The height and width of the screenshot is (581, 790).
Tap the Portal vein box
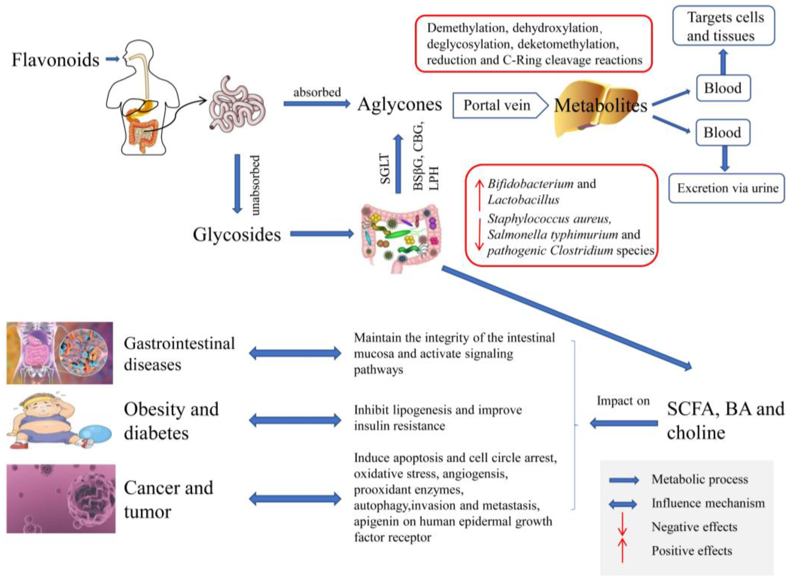(500, 105)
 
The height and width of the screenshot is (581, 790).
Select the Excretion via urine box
(727, 188)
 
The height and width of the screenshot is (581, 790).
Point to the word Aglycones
(400, 104)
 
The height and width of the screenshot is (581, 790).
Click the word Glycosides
(237, 235)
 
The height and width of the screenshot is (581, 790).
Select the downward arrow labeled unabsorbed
(237, 184)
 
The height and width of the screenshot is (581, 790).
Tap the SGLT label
(386, 169)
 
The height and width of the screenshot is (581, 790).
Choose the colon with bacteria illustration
(400, 238)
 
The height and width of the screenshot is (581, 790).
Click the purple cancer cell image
(61, 498)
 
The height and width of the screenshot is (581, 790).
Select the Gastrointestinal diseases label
(179, 354)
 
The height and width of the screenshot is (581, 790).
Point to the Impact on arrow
(624, 423)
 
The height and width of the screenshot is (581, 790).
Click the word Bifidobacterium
(530, 184)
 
